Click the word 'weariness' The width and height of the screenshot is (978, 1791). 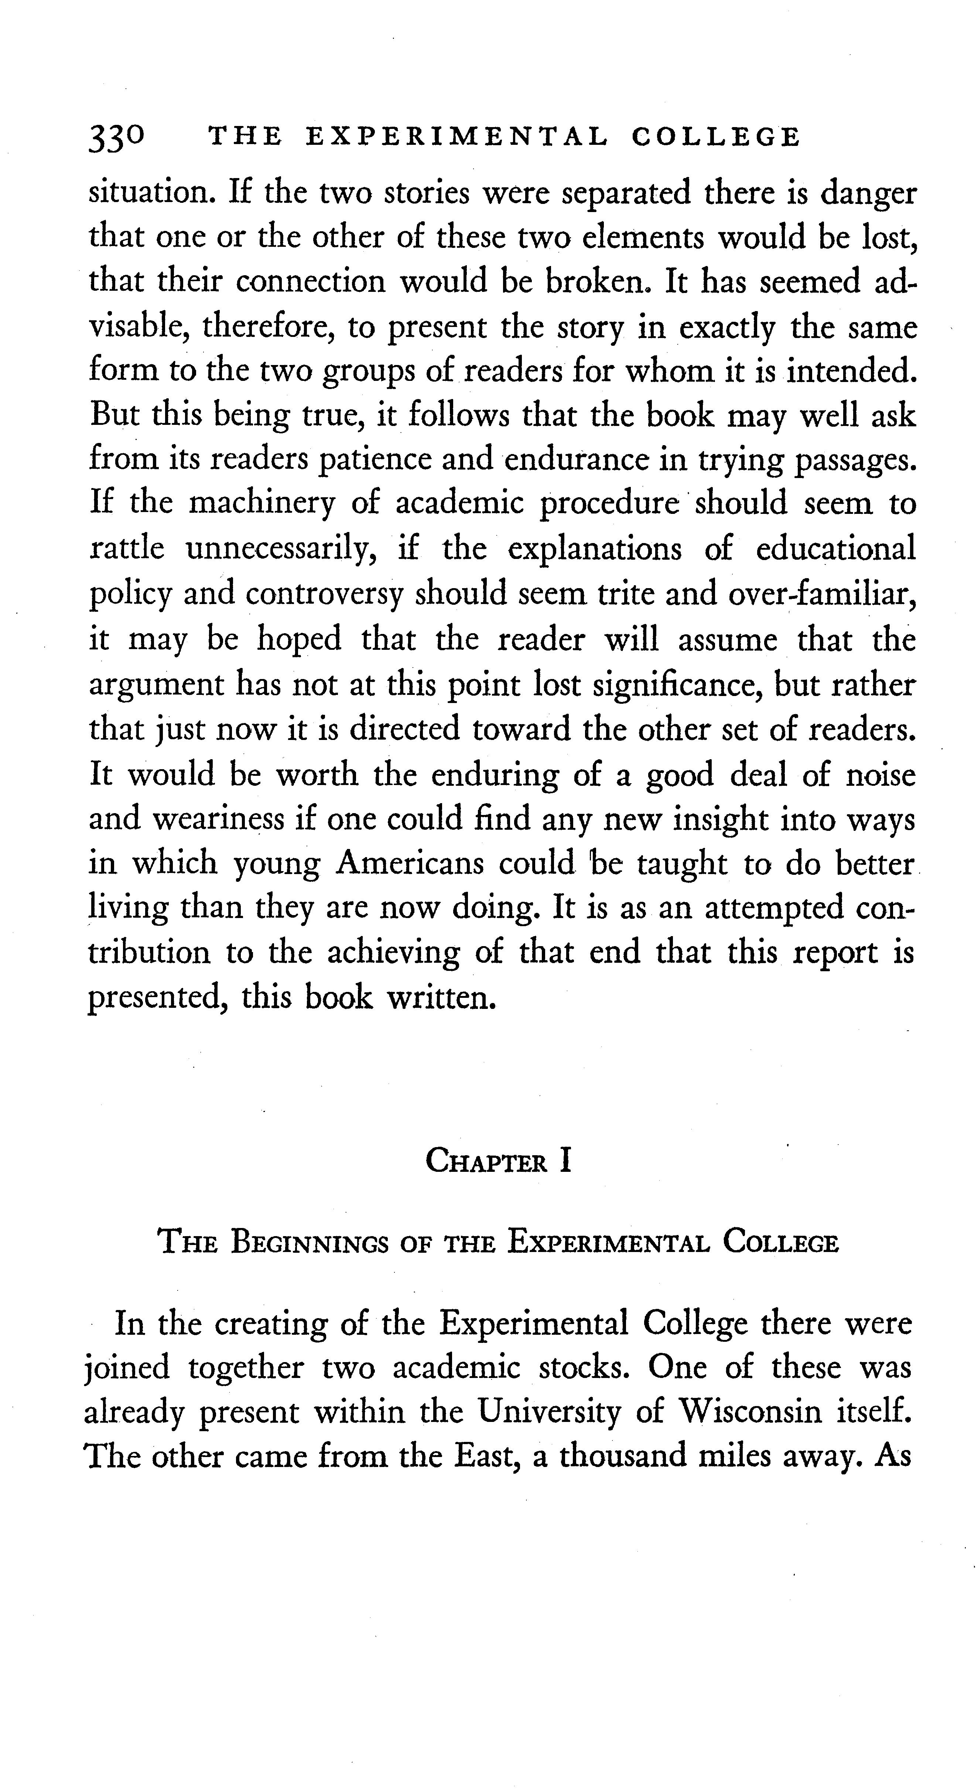point(218,819)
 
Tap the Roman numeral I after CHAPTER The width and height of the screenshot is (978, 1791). point(565,1161)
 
